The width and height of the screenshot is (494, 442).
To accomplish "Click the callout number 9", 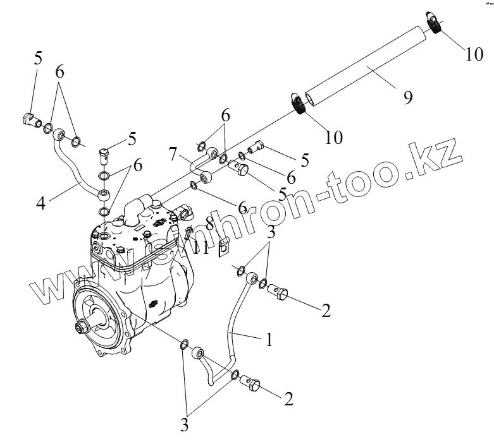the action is [408, 97].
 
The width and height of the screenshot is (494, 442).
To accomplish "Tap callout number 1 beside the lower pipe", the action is [269, 341].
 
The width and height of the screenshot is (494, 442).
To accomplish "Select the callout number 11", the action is [201, 247].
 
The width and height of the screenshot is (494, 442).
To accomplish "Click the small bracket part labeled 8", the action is [222, 248].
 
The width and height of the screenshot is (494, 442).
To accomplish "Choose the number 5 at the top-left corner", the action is [38, 59].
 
